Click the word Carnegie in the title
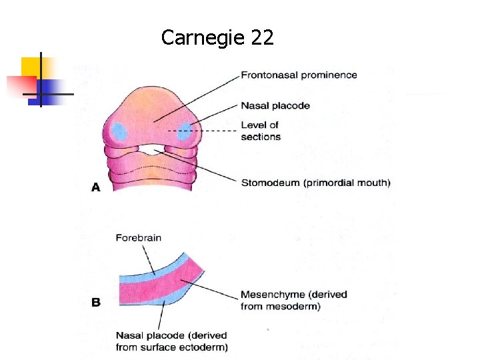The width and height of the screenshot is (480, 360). click(x=203, y=38)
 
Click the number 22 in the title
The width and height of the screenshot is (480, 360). click(x=262, y=38)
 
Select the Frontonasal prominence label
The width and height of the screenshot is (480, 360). click(x=299, y=75)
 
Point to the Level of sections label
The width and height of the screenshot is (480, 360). click(x=261, y=131)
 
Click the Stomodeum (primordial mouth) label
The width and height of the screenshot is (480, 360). click(x=315, y=182)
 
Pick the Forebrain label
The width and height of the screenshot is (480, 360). click(x=138, y=237)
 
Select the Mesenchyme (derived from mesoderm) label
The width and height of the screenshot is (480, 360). click(x=293, y=300)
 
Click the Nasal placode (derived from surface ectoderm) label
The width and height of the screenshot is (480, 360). click(x=171, y=341)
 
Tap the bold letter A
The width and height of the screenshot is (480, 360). click(x=95, y=188)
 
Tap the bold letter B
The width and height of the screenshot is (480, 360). click(x=95, y=302)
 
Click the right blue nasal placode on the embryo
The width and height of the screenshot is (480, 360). click(x=184, y=131)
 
